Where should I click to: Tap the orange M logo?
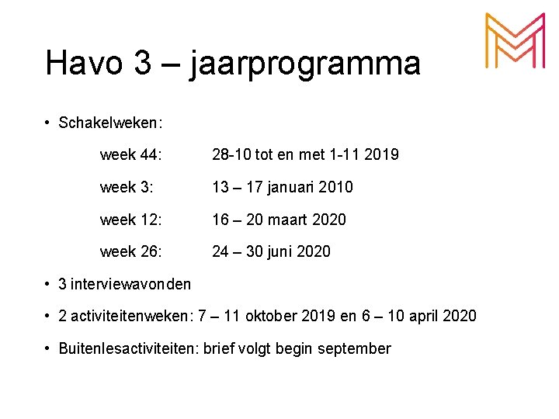tap(514, 42)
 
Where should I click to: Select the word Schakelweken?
tap(109, 123)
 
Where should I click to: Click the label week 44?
tap(131, 155)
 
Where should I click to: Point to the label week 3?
tap(127, 187)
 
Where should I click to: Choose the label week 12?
tap(131, 220)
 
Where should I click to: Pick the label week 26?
tap(131, 251)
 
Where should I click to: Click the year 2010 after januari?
tap(335, 187)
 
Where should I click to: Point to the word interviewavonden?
tap(130, 284)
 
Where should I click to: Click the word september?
tap(354, 349)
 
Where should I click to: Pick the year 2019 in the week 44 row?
tap(381, 155)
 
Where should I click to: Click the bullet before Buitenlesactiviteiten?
tap(48, 349)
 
